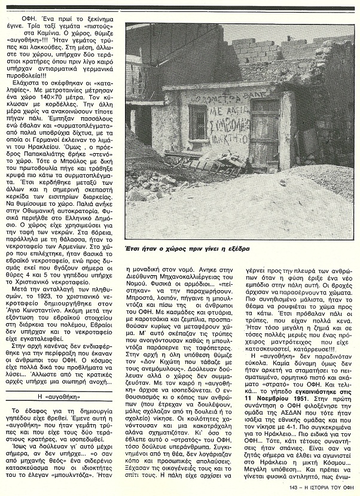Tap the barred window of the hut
[x=197, y=122]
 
